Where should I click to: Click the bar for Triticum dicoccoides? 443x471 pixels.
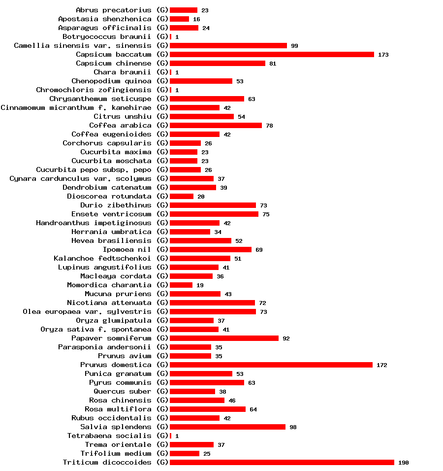282,462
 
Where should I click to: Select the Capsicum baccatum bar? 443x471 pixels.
272,54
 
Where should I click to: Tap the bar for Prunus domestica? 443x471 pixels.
271,365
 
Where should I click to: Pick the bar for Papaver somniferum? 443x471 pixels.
224,338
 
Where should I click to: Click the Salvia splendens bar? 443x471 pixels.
227,427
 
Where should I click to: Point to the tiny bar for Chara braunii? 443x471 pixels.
170,72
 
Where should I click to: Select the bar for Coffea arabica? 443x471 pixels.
216,125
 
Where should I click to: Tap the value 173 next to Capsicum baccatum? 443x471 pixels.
383,55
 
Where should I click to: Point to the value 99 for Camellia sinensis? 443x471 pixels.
294,46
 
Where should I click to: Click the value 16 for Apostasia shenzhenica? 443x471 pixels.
196,19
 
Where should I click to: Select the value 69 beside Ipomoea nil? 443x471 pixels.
259,250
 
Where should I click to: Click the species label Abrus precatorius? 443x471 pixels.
114,10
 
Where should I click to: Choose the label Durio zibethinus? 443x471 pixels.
116,205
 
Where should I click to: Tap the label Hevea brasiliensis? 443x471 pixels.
111,240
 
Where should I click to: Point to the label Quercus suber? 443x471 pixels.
123,391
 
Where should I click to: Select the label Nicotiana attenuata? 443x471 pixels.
109,303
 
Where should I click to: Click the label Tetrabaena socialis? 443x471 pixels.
109,436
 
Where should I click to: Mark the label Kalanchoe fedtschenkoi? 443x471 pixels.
102,258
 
